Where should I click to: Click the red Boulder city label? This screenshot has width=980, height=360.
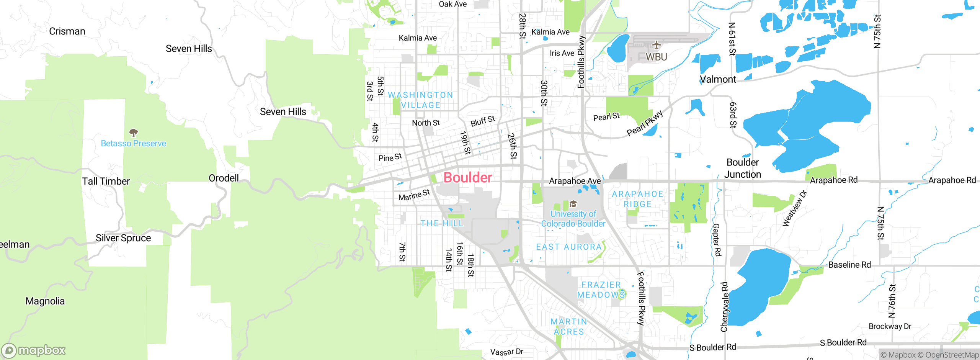(x=467, y=178)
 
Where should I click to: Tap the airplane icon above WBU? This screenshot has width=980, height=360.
(x=657, y=45)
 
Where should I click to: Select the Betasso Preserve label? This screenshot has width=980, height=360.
(x=133, y=144)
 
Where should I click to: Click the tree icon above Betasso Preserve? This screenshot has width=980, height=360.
(x=133, y=133)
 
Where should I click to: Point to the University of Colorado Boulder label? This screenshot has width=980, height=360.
(x=573, y=219)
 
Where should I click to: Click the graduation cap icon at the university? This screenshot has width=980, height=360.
(x=573, y=203)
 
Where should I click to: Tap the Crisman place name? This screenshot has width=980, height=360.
(x=67, y=31)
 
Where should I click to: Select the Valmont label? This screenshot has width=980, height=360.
(x=718, y=79)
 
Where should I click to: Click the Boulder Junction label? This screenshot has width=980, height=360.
(x=743, y=168)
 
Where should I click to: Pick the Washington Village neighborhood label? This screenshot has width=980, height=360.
(x=420, y=100)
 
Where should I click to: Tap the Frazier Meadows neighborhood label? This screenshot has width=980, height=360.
(x=601, y=290)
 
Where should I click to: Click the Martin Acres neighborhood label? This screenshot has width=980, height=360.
(x=569, y=327)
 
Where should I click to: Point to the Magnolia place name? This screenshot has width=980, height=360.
(x=45, y=301)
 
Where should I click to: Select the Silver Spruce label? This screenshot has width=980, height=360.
(x=123, y=238)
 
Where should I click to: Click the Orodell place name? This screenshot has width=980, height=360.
(x=224, y=178)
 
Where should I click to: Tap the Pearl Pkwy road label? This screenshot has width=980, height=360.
(x=645, y=123)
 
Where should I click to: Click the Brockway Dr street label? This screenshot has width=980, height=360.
(x=890, y=326)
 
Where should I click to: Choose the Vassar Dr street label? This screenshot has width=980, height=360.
(x=506, y=352)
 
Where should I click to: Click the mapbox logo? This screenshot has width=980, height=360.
(x=33, y=350)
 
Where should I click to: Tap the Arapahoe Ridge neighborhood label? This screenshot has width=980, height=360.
(x=637, y=199)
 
